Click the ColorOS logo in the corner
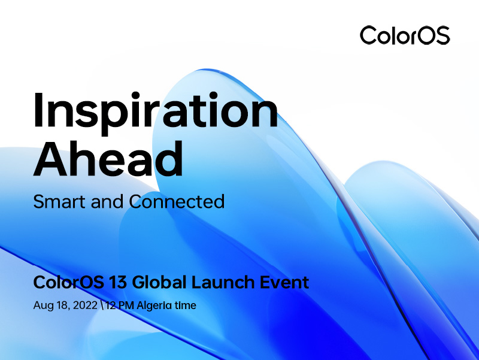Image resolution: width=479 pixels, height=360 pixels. click(404, 35)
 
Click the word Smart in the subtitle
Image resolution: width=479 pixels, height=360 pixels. click(59, 201)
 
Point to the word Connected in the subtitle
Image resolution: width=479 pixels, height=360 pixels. click(177, 201)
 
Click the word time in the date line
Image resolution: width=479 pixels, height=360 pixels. click(185, 305)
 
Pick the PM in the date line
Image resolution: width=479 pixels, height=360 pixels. click(126, 305)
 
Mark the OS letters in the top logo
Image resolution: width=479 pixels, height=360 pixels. click(432, 35)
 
